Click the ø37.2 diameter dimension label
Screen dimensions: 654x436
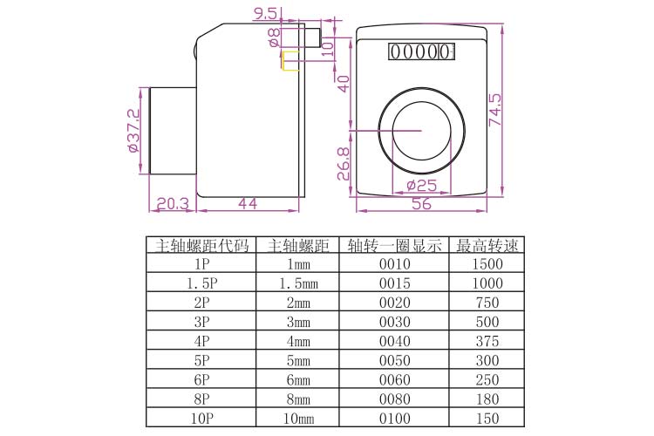pos(134,131)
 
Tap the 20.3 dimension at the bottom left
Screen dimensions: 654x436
pos(173,203)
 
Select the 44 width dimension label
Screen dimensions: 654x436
pos(248,203)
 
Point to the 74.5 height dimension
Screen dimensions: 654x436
pos(495,109)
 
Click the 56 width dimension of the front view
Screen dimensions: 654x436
pos(422,203)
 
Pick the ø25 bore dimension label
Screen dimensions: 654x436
pos(422,185)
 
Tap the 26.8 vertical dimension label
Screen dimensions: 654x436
pos(344,164)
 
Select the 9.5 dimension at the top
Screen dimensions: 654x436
pos(266,14)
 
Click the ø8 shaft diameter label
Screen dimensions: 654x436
pos(274,37)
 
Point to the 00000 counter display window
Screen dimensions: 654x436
pos(421,51)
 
